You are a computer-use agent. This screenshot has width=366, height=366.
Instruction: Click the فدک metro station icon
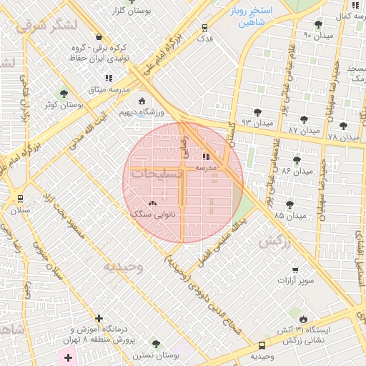pyautogui.click(x=206, y=29)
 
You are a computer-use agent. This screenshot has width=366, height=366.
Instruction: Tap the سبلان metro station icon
pyautogui.click(x=20, y=199)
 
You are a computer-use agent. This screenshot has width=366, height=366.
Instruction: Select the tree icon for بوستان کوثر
pyautogui.click(x=64, y=94)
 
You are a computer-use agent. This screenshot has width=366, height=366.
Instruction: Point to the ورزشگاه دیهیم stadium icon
pyautogui.click(x=141, y=101)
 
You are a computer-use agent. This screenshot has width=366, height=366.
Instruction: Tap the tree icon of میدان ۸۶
pyautogui.click(x=297, y=159)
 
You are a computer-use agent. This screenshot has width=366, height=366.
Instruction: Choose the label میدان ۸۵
pyautogui.click(x=289, y=215)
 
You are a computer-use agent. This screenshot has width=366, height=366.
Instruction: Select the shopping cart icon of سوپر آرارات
pyautogui.click(x=296, y=270)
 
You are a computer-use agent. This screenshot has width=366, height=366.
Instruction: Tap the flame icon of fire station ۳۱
pyautogui.click(x=305, y=318)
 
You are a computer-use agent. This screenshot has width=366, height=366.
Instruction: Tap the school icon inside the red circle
pyautogui.click(x=207, y=156)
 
